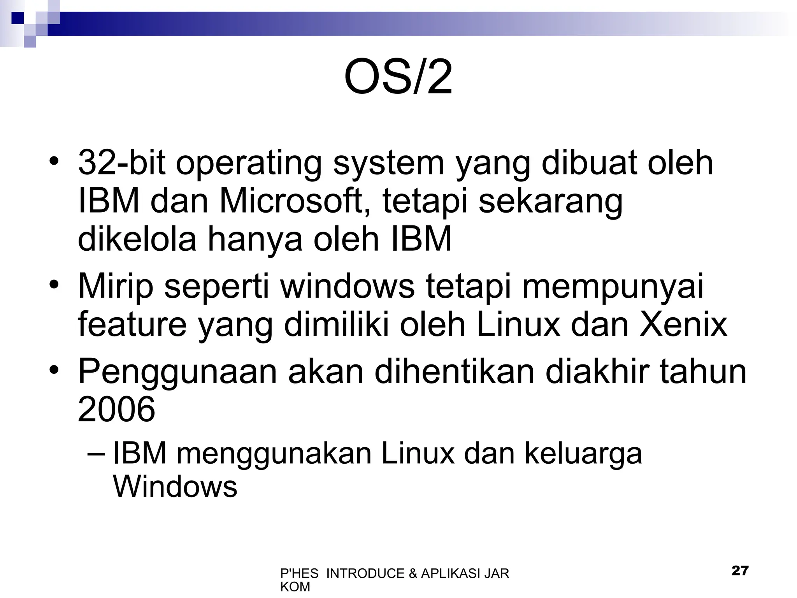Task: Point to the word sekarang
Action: (550, 202)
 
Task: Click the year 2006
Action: (116, 409)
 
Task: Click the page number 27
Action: (740, 571)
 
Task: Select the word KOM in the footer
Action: (295, 587)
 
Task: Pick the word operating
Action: (249, 164)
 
